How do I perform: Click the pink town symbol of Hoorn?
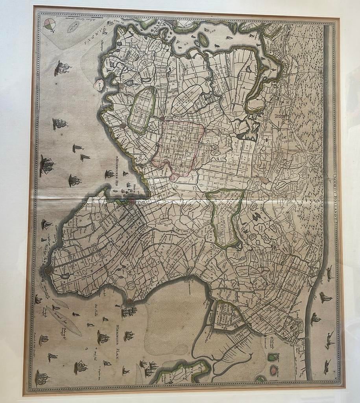[x=131, y=202]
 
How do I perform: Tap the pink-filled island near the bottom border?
[x=274, y=370]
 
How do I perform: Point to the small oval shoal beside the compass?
[x=73, y=27]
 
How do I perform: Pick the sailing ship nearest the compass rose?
[x=62, y=68]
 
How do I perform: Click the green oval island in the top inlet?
[x=203, y=39]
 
